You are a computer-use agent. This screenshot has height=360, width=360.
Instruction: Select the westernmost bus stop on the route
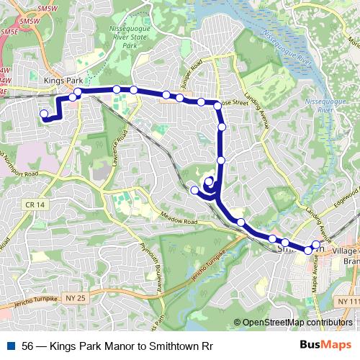click(x=44, y=114)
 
